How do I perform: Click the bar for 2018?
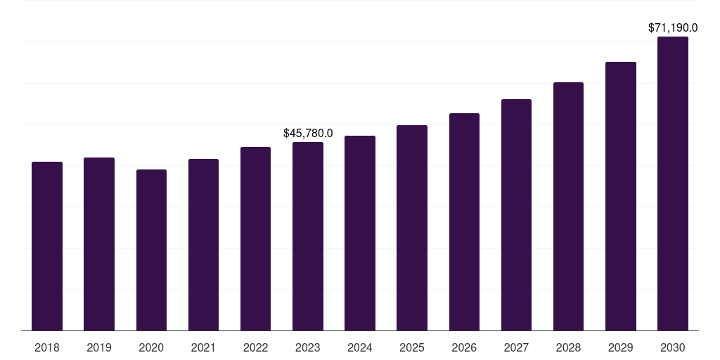(47, 246)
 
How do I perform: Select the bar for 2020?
(151, 250)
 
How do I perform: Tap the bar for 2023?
(308, 236)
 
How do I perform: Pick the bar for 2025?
(412, 228)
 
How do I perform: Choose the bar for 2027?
(516, 214)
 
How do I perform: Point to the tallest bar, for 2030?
(673, 184)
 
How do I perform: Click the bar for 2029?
(621, 196)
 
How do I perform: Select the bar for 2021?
(203, 245)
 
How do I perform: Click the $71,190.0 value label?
(673, 28)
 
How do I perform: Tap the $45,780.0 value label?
(308, 133)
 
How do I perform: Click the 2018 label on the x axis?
(47, 347)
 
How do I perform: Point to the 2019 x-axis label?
(99, 347)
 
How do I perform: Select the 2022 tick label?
(256, 347)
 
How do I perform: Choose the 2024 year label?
(360, 347)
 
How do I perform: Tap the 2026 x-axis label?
(464, 347)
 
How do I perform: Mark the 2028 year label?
(568, 347)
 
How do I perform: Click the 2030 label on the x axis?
(673, 347)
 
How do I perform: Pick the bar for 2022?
(256, 238)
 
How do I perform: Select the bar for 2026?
(464, 221)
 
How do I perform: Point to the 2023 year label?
(308, 347)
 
